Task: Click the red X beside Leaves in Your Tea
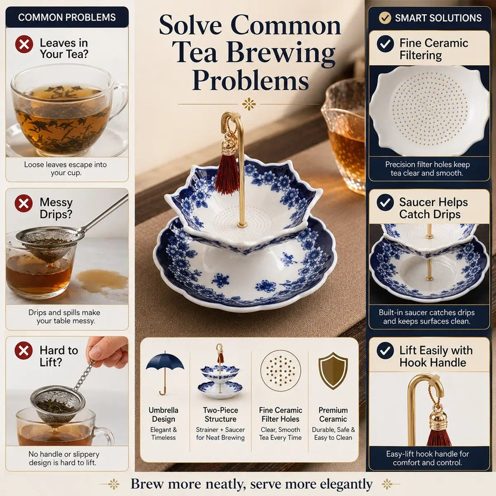point(24,44)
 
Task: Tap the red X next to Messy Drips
point(24,203)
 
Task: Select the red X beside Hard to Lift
point(24,351)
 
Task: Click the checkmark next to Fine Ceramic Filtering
point(385,44)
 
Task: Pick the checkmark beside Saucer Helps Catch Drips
point(385,202)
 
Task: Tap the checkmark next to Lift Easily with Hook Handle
point(385,351)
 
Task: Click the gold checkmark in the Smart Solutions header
point(385,18)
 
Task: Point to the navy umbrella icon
point(165,373)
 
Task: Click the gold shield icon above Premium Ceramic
point(333,371)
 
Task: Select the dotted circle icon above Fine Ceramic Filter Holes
point(280,371)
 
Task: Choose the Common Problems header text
point(67,17)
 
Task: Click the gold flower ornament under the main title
point(249,104)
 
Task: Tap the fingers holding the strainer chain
point(107,351)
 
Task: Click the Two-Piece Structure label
point(220,415)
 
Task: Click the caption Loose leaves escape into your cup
point(65,169)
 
